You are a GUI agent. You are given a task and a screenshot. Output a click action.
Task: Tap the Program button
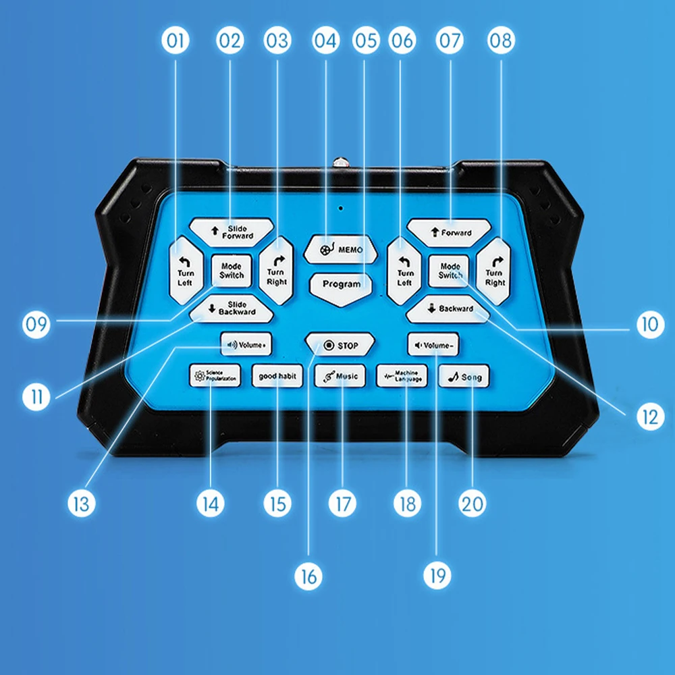click(x=341, y=284)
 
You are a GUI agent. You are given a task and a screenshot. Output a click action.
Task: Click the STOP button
click(x=340, y=346)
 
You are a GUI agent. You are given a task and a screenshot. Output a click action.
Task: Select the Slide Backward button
click(x=232, y=309)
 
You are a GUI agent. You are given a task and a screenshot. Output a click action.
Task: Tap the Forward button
click(x=449, y=233)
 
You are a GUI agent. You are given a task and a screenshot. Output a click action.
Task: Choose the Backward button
click(x=448, y=308)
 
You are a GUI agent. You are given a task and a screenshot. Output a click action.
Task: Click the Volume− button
click(x=433, y=345)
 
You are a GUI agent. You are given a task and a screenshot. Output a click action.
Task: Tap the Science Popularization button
click(x=213, y=376)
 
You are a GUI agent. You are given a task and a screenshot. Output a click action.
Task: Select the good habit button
click(x=277, y=376)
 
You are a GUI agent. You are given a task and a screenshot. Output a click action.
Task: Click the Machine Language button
click(x=402, y=376)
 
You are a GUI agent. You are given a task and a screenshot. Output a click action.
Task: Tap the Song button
click(x=464, y=376)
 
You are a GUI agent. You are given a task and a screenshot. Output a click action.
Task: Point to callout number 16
click(x=308, y=576)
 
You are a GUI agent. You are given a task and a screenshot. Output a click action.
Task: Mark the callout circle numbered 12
click(x=649, y=417)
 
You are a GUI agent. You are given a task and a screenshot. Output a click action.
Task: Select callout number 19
click(x=437, y=576)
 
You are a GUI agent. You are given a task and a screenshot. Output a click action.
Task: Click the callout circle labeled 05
click(x=367, y=41)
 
